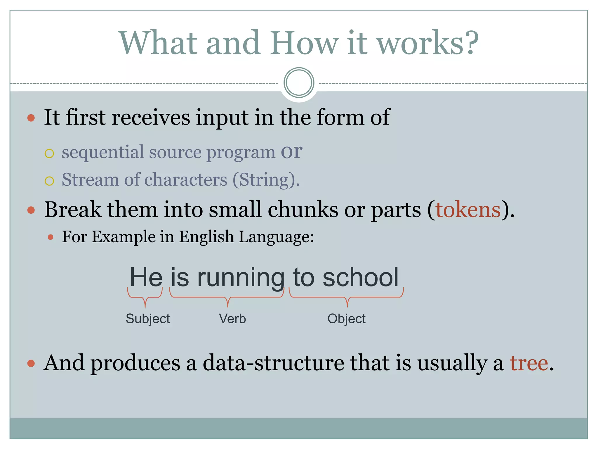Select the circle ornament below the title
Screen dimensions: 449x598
click(x=299, y=83)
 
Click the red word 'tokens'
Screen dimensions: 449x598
click(x=468, y=210)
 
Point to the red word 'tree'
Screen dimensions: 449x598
click(x=529, y=363)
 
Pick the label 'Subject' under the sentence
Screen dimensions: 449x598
click(x=148, y=319)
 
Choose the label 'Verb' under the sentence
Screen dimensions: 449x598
click(x=232, y=319)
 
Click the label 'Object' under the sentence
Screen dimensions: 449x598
click(x=346, y=319)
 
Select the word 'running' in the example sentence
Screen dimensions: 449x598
click(x=241, y=278)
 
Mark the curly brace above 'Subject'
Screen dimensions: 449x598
click(x=145, y=296)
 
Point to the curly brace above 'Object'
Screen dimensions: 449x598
click(x=347, y=296)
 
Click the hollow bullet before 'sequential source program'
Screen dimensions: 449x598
click(x=49, y=153)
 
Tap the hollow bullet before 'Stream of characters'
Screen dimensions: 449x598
click(x=49, y=181)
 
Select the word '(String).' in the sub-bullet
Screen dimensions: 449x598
click(x=266, y=179)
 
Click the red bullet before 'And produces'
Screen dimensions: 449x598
click(x=31, y=363)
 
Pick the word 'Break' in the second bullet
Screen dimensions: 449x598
click(x=72, y=210)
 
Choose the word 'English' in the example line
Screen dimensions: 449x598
click(x=206, y=236)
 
